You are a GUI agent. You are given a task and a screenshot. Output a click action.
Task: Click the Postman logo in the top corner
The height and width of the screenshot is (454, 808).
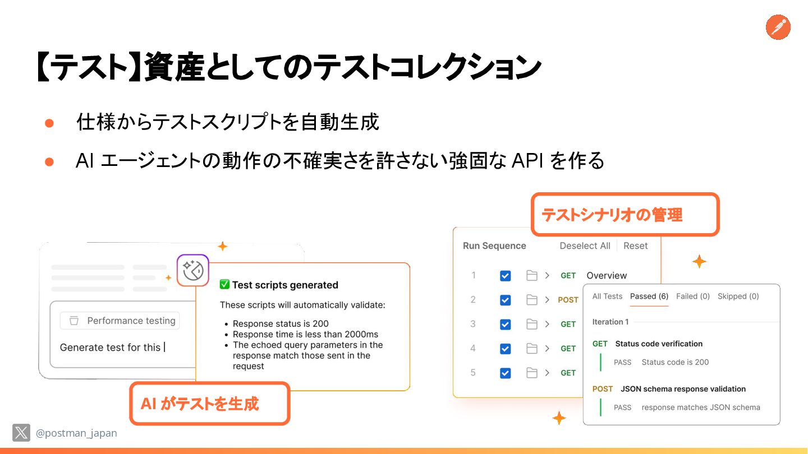[x=778, y=27]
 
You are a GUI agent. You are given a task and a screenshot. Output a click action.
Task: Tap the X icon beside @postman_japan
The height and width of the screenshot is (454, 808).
[x=21, y=433]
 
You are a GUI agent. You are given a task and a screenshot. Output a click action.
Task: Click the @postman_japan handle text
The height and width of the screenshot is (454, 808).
[x=76, y=433]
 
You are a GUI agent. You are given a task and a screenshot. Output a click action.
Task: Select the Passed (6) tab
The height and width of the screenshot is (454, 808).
[x=649, y=297]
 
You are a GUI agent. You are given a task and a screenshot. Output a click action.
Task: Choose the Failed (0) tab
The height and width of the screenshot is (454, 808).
[x=693, y=297]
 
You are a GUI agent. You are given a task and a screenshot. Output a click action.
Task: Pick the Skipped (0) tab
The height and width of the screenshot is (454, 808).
[x=738, y=297]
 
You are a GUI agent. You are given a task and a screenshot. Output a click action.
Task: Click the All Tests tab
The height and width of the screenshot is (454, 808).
[x=607, y=297]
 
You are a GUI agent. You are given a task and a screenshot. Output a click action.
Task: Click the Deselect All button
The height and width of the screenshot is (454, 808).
[x=585, y=246]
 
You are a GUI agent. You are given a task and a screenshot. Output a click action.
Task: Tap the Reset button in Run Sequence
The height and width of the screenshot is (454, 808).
[x=635, y=246]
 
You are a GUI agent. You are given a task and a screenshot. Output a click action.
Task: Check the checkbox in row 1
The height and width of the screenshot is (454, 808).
[x=506, y=276]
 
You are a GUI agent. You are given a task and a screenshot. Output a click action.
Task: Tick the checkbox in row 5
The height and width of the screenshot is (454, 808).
[x=506, y=373]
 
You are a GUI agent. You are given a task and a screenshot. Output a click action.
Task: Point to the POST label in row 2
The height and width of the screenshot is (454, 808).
[x=568, y=300]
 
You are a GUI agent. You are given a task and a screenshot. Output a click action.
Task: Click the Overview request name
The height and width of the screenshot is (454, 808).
[x=607, y=276]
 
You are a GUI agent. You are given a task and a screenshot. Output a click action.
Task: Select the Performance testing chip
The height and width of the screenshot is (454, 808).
[x=120, y=321]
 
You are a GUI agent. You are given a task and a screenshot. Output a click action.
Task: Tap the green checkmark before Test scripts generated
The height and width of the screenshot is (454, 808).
[x=224, y=285]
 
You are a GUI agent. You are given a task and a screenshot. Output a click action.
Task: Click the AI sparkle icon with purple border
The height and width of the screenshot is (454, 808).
[x=193, y=270]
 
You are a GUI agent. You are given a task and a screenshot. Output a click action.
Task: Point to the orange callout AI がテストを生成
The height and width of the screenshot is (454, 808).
[x=209, y=404]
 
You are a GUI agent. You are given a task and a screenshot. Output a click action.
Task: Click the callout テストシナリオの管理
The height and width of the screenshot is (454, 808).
[x=625, y=215]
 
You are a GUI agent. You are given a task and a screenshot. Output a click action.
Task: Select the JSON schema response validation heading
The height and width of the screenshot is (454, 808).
[x=683, y=389]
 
